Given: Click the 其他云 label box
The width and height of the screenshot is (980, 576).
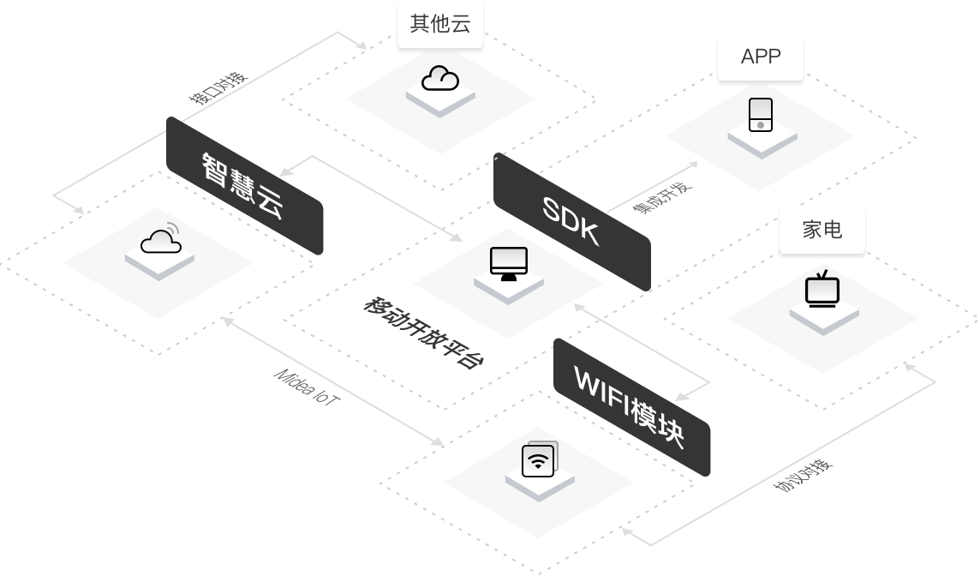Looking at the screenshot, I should pyautogui.click(x=440, y=24).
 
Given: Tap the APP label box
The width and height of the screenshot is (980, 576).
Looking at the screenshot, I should pyautogui.click(x=761, y=57).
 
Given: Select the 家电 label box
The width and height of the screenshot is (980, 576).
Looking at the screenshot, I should pyautogui.click(x=822, y=230).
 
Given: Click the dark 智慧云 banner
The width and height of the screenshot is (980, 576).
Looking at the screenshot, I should pyautogui.click(x=244, y=185).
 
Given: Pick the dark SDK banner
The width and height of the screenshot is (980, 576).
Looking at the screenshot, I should pyautogui.click(x=571, y=220).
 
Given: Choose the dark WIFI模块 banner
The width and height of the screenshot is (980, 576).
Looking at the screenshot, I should pyautogui.click(x=631, y=406).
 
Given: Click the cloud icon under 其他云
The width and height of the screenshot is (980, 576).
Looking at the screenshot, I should pyautogui.click(x=440, y=79).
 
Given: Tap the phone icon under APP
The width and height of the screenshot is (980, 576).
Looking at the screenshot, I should pyautogui.click(x=761, y=115).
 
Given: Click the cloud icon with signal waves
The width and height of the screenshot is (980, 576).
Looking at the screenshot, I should pyautogui.click(x=161, y=240).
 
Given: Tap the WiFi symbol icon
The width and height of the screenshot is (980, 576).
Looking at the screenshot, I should pyautogui.click(x=538, y=461).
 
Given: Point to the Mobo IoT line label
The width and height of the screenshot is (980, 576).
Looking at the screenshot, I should pyautogui.click(x=304, y=388).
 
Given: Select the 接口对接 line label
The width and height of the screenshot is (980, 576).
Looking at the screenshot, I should pyautogui.click(x=218, y=87).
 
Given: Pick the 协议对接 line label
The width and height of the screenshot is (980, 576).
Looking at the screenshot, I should pyautogui.click(x=802, y=475).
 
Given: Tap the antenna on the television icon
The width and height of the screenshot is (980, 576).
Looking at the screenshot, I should pyautogui.click(x=822, y=276).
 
